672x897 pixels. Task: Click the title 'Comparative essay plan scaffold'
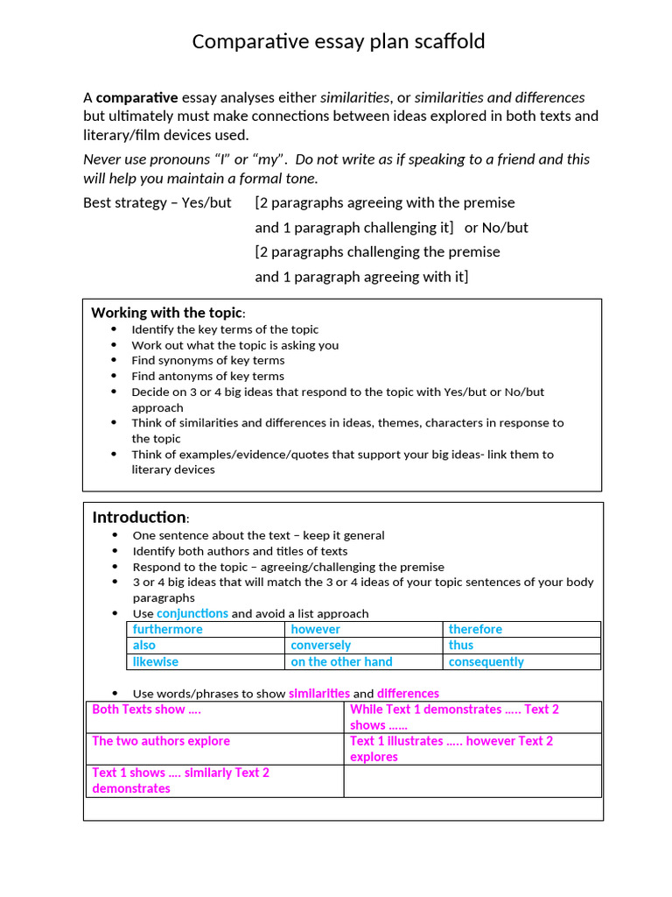[x=338, y=41]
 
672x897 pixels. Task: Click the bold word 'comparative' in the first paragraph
[x=136, y=97]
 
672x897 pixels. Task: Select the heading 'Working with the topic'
[x=166, y=313]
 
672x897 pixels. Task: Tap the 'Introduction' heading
[x=139, y=517]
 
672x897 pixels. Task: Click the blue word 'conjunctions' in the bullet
[x=192, y=613]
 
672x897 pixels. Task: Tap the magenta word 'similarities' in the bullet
[x=318, y=693]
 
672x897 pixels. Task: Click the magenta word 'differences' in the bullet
[x=408, y=693]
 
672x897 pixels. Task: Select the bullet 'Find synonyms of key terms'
[x=207, y=360]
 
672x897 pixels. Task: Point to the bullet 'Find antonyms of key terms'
[x=207, y=376]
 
